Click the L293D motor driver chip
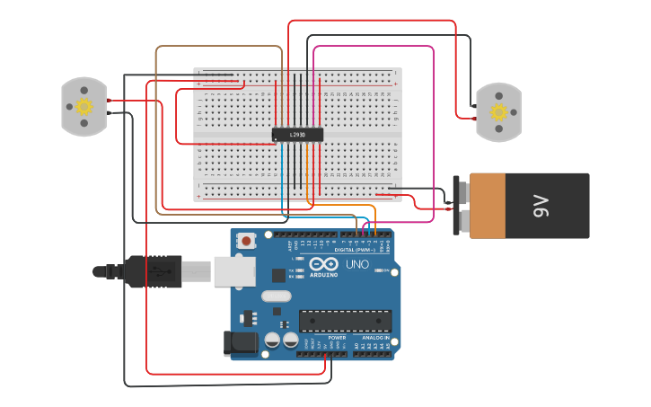tap(297, 135)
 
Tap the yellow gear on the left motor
tap(84, 107)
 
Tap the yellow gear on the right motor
tap(498, 113)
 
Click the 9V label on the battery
tap(541, 207)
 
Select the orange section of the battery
tap(488, 206)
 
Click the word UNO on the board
tap(357, 264)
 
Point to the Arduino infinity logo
tap(324, 264)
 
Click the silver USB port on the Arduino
tap(233, 270)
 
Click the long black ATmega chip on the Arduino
tap(345, 320)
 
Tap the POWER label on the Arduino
tap(324, 338)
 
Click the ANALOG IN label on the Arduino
tap(375, 338)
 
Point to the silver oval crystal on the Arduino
tap(277, 296)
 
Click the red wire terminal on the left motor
tap(108, 100)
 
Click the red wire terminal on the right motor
tap(474, 118)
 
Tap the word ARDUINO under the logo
tap(324, 274)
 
